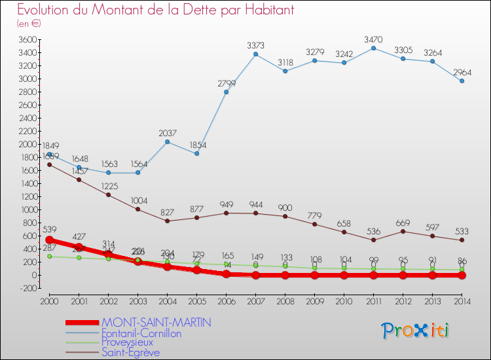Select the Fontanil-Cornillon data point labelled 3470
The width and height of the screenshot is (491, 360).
click(x=373, y=48)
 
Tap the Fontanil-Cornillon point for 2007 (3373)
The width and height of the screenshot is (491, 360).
click(x=255, y=54)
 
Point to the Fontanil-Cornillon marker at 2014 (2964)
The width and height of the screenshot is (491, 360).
click(x=462, y=81)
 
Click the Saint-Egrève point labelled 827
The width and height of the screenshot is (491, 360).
click(x=167, y=221)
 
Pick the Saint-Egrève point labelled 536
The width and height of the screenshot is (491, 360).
click(x=373, y=240)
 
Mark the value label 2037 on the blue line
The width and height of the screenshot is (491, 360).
click(x=167, y=133)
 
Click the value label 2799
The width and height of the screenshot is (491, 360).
click(x=226, y=83)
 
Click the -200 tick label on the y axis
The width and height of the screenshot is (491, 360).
click(x=26, y=288)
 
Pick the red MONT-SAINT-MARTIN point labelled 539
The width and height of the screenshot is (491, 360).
click(x=49, y=240)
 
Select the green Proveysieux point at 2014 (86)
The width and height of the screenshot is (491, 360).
click(x=462, y=270)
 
